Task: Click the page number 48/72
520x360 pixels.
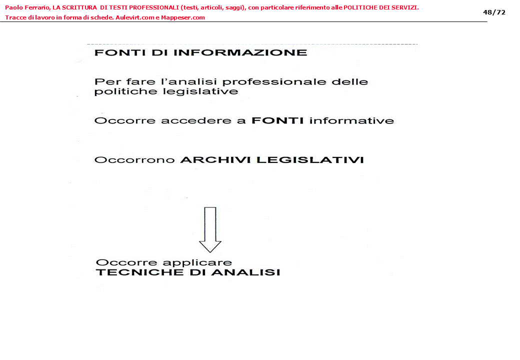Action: pos(494,12)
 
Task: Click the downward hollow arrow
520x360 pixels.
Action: pos(210,229)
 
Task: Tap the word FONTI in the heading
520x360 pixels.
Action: pos(115,52)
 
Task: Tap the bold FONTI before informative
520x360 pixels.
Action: pos(277,120)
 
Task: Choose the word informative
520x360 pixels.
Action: pos(351,120)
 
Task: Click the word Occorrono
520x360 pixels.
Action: pos(134,160)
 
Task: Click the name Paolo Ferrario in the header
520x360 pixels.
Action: pos(26,7)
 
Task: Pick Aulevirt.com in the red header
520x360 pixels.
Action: pos(133,17)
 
